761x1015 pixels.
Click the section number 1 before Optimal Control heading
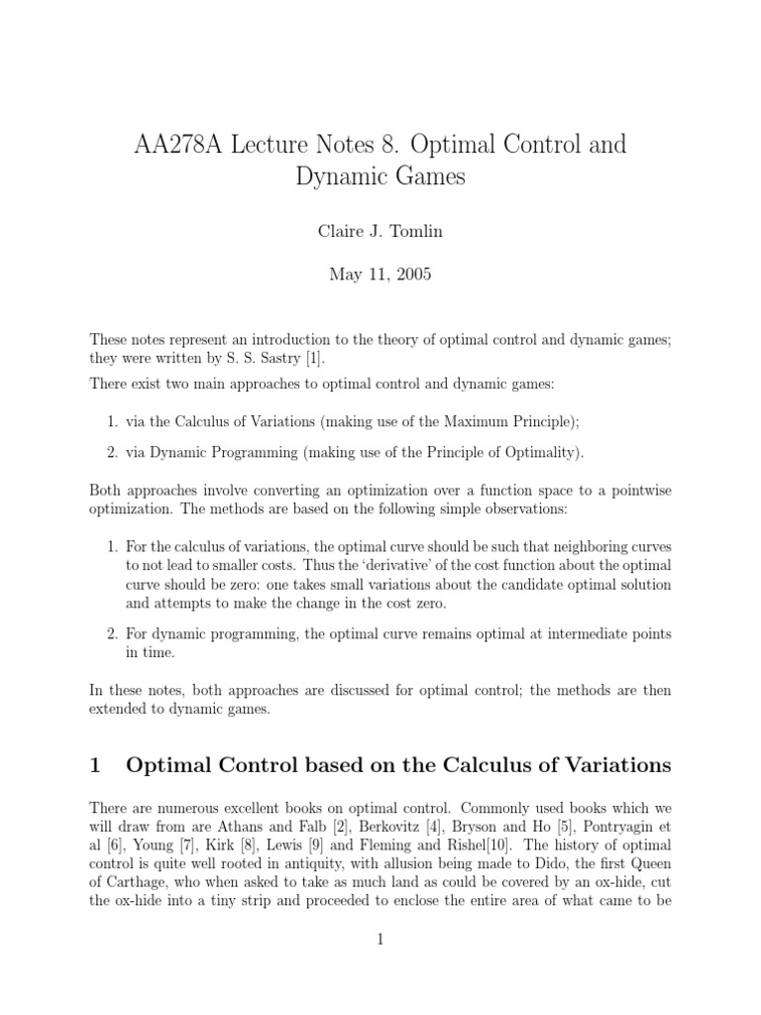tap(95, 765)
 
